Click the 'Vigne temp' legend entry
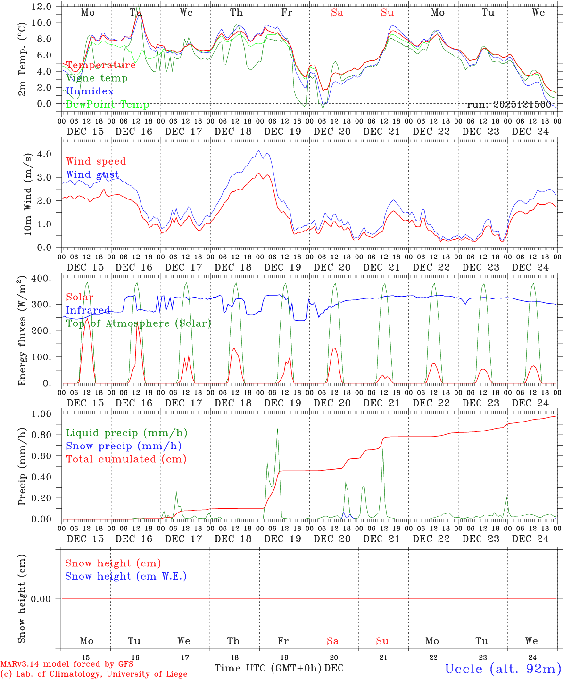point(97,78)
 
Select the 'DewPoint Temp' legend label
point(108,105)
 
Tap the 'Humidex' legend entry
point(90,91)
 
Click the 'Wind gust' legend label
point(92,174)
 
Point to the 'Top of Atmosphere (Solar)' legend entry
point(138,323)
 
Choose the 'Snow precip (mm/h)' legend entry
point(124,446)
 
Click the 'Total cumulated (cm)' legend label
point(126,459)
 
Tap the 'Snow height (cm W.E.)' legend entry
point(126,576)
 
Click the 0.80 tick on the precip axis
point(41,435)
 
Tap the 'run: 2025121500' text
point(509,104)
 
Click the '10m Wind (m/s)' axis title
point(27,193)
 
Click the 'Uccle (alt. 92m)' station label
point(503,669)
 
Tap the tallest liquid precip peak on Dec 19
point(277,429)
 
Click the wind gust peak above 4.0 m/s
point(259,150)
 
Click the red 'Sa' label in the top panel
point(337,13)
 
